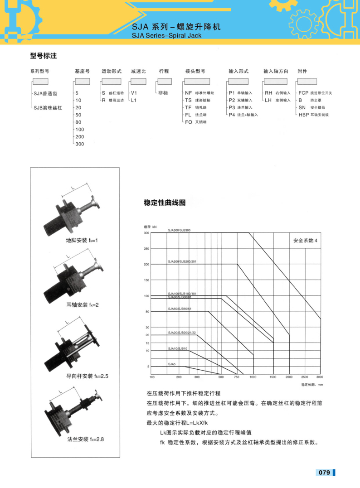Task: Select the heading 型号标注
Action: (43, 56)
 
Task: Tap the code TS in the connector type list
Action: (188, 100)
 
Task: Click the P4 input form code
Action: (232, 115)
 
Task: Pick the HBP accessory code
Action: (303, 115)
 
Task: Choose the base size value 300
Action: (80, 144)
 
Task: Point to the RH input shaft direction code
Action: (268, 93)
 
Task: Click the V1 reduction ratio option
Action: (134, 93)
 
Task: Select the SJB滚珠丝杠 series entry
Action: (48, 108)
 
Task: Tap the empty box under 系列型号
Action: (40, 82)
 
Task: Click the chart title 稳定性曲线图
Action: (165, 203)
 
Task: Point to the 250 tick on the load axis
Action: (146, 248)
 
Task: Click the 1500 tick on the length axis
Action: (273, 377)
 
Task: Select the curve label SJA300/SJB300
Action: (179, 231)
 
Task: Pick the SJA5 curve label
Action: (171, 364)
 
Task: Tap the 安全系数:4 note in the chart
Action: (305, 240)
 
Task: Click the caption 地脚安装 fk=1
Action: (82, 240)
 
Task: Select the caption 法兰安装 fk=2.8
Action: (85, 439)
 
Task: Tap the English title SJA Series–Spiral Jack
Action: (166, 35)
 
